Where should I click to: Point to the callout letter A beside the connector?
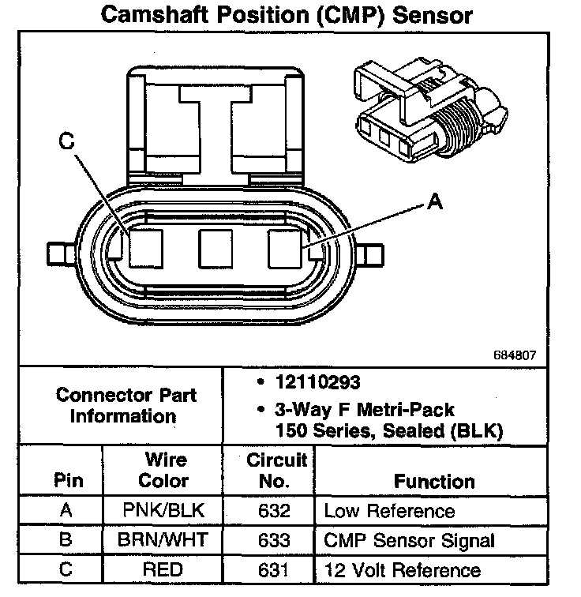tap(433, 203)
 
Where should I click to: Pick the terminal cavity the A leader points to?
tap(286, 249)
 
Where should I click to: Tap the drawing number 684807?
tap(514, 355)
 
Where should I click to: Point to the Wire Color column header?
tap(164, 470)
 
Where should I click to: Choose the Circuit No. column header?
tap(270, 470)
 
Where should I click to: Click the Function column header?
tap(435, 481)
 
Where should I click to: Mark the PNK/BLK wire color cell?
tap(164, 511)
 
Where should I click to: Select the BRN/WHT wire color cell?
tap(164, 540)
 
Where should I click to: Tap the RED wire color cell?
tap(164, 569)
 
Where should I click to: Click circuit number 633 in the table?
tap(270, 540)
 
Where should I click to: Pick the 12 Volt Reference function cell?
tap(402, 569)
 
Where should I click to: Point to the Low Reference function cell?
tap(389, 511)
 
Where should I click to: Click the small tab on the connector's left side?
tap(59, 253)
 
